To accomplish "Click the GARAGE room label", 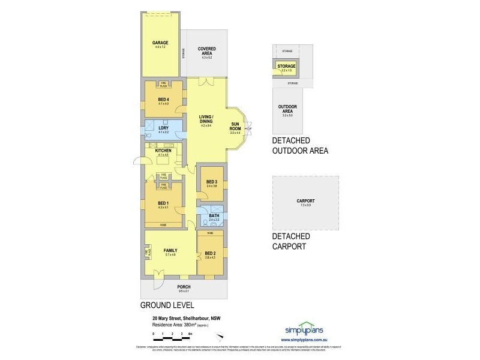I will pyautogui.click(x=160, y=43).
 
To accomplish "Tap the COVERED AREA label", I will pyautogui.click(x=206, y=51).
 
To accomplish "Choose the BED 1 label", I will pyautogui.click(x=163, y=203).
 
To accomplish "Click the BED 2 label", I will pyautogui.click(x=210, y=253).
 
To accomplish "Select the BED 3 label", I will pyautogui.click(x=211, y=182).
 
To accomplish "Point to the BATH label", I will pyautogui.click(x=214, y=215).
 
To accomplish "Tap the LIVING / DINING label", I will pyautogui.click(x=206, y=119).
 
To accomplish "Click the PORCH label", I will pyautogui.click(x=184, y=287).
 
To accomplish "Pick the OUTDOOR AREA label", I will pyautogui.click(x=287, y=109).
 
